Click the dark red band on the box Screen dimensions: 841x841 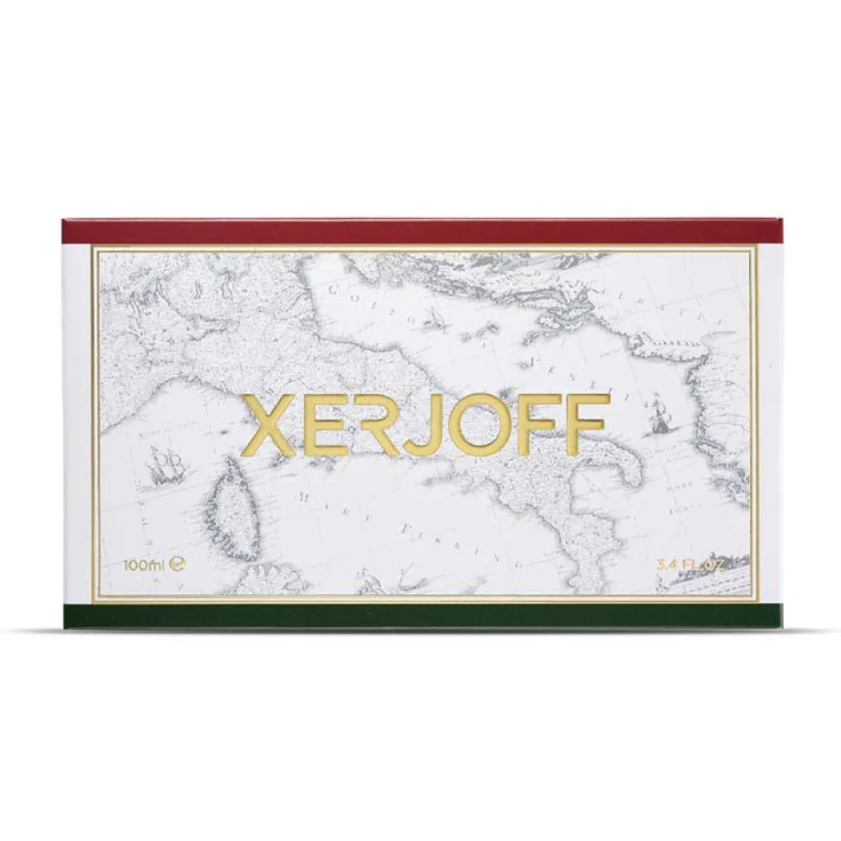420,231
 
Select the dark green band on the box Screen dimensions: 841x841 420,615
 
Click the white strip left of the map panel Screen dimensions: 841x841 78,424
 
